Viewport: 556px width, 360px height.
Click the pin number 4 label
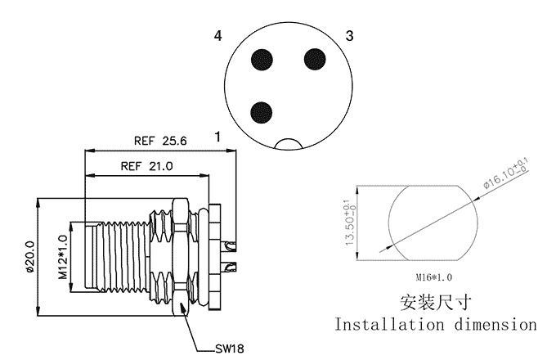click(x=218, y=36)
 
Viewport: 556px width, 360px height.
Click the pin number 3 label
click(x=349, y=36)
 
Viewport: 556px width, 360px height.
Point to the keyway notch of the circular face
click(x=289, y=145)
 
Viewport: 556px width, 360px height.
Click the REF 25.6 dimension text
click(x=161, y=141)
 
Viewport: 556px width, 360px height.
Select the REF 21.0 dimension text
click(x=147, y=165)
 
